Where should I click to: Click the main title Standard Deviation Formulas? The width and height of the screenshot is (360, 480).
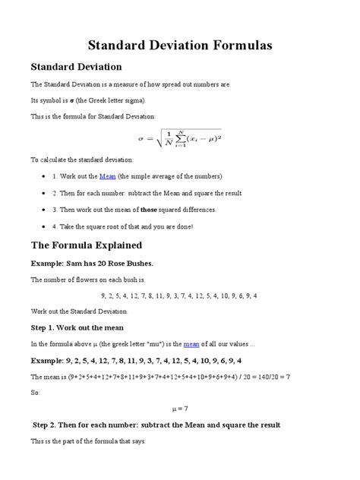pos(180,46)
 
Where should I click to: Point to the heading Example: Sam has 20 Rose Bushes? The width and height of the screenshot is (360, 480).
pos(92,263)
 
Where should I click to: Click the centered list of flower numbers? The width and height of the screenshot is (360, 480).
pos(179,295)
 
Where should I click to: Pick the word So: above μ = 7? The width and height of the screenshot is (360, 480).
pos(35,392)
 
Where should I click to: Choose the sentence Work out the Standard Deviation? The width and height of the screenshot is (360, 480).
pos(80,311)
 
